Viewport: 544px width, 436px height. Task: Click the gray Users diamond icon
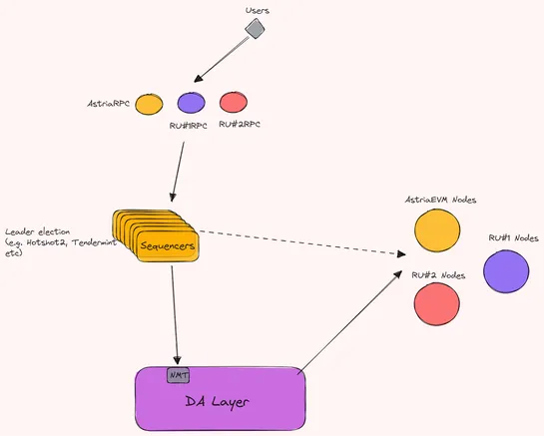click(255, 31)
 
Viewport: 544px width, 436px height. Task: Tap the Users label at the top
click(258, 10)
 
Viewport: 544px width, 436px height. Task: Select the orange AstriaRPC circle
click(149, 103)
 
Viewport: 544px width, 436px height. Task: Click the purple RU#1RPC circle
click(191, 102)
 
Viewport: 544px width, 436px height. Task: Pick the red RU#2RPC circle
click(233, 102)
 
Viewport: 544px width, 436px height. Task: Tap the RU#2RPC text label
click(243, 126)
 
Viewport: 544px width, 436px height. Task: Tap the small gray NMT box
click(178, 375)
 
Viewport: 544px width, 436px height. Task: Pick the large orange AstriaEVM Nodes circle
click(436, 231)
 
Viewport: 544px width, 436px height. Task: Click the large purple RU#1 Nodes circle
click(507, 271)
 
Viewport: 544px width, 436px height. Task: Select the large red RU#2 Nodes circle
click(436, 303)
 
